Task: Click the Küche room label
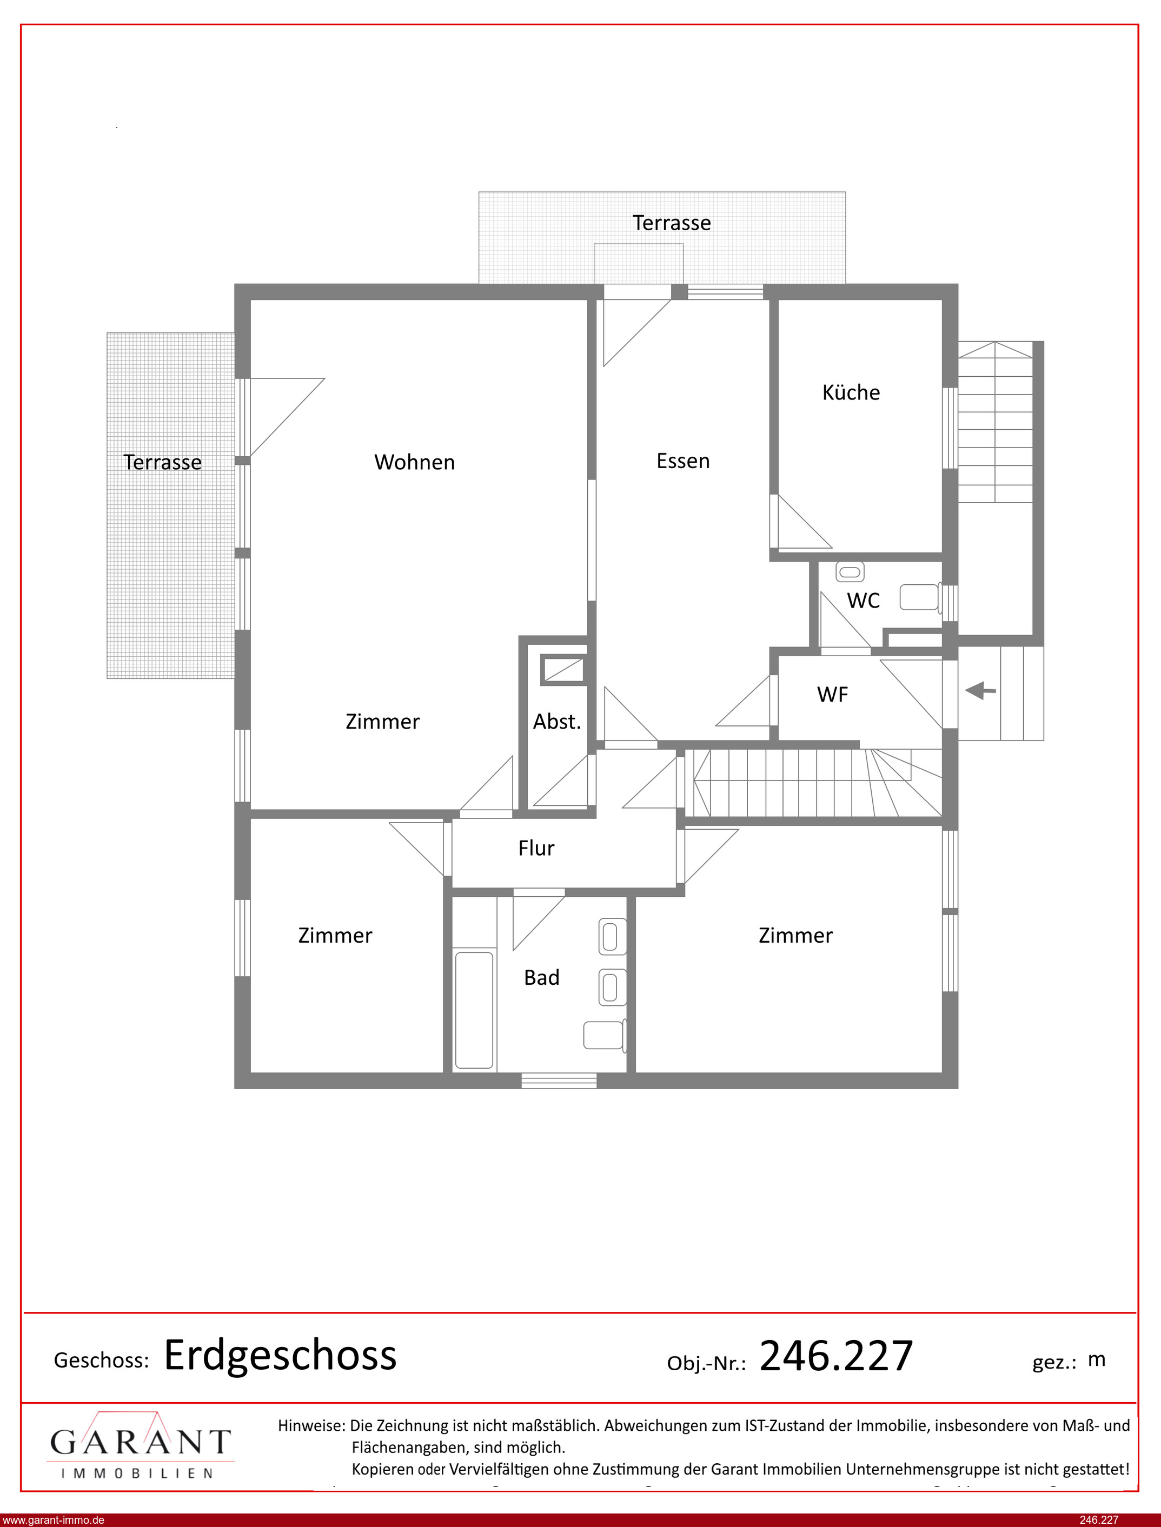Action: point(851,392)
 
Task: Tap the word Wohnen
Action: point(415,462)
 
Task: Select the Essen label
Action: point(683,461)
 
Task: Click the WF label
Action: point(832,694)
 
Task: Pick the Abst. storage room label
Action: point(557,721)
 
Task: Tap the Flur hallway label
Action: point(536,848)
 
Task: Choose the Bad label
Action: point(542,977)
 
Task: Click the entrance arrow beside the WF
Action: point(980,690)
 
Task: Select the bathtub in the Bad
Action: point(475,1010)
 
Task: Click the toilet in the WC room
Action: point(921,597)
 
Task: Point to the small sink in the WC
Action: point(850,572)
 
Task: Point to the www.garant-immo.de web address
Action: point(53,1520)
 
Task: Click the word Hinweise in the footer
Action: point(311,1425)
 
